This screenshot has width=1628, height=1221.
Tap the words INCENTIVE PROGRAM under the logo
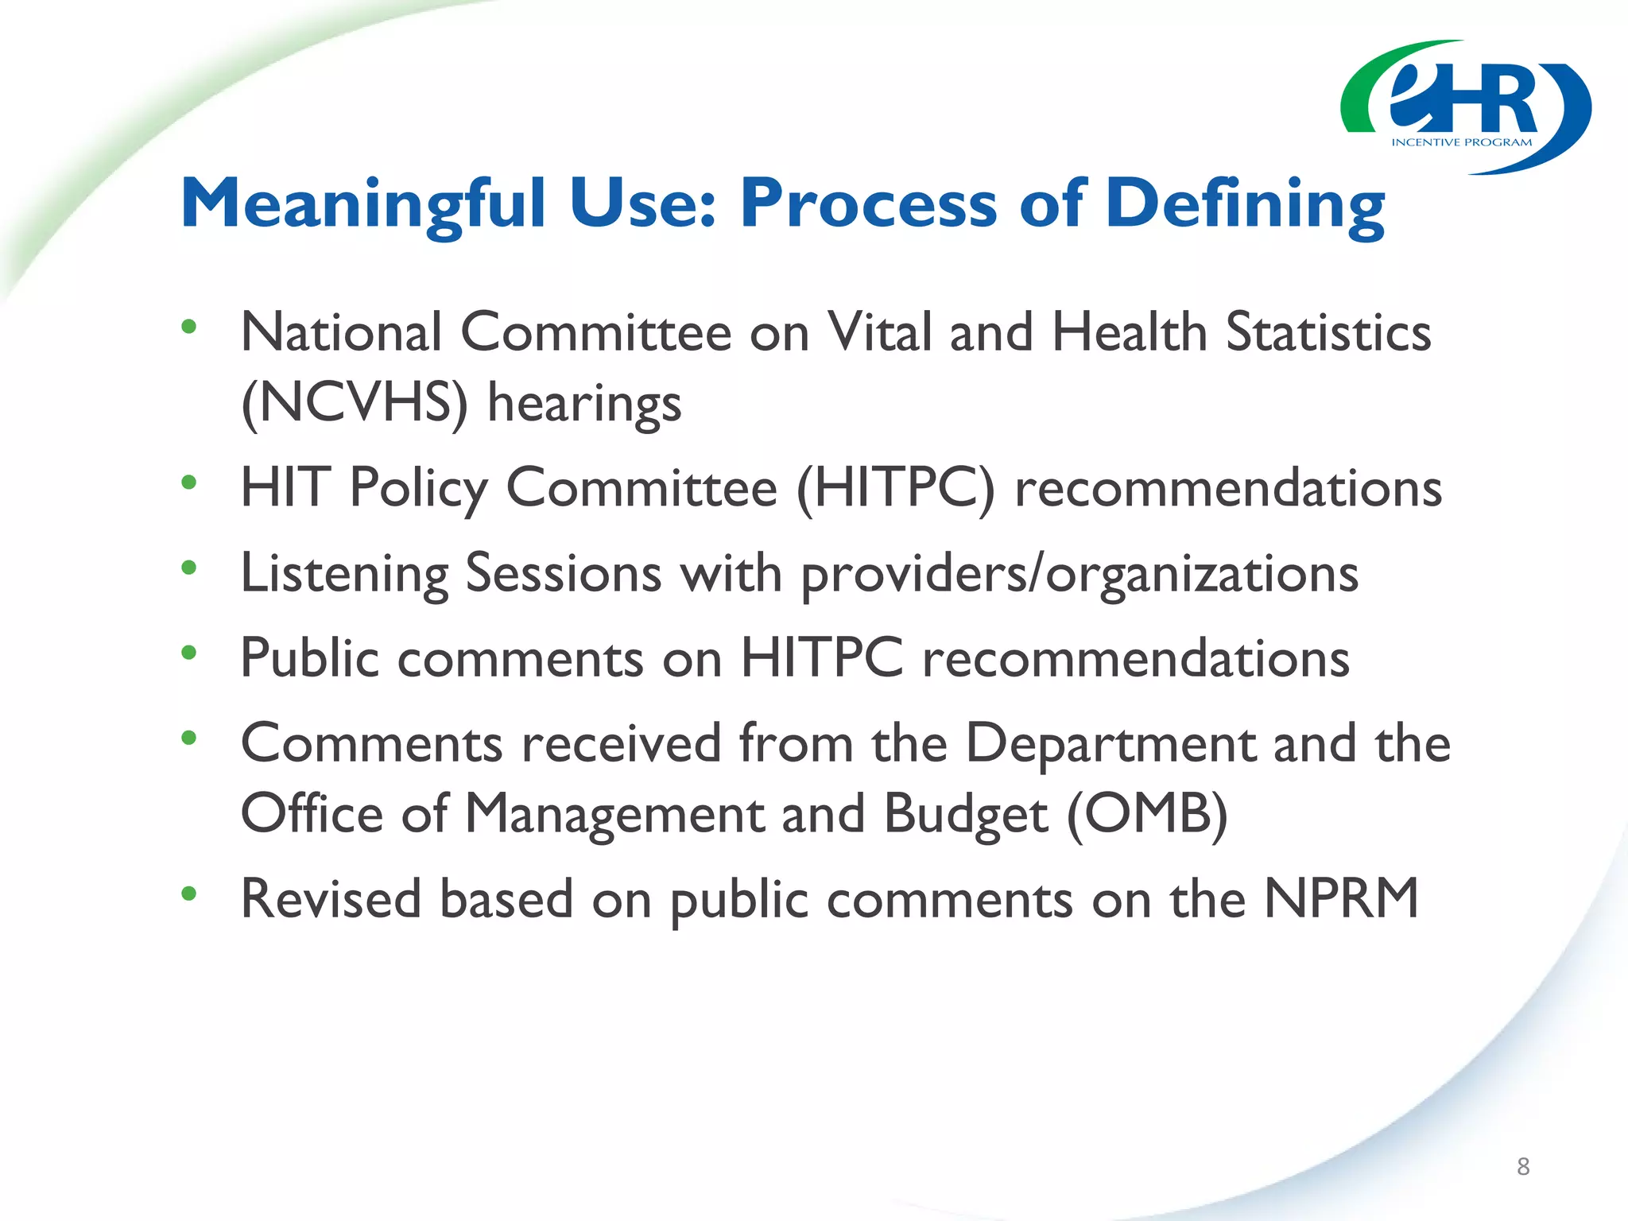click(x=1461, y=143)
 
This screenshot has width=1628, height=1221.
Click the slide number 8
click(x=1522, y=1166)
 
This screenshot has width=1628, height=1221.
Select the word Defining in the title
click(x=1245, y=204)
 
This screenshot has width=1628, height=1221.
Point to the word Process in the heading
click(x=868, y=204)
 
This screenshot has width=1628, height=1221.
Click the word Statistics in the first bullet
click(x=1328, y=332)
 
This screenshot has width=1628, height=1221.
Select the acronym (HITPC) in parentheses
click(x=895, y=488)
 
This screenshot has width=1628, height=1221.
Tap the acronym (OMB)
click(x=1146, y=815)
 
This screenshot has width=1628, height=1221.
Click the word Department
click(x=1110, y=744)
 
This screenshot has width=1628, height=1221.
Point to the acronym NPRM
click(x=1341, y=899)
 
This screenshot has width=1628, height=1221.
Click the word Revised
click(x=331, y=899)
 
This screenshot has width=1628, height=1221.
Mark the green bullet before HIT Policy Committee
click(x=188, y=482)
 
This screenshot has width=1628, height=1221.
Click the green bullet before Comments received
click(x=188, y=738)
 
